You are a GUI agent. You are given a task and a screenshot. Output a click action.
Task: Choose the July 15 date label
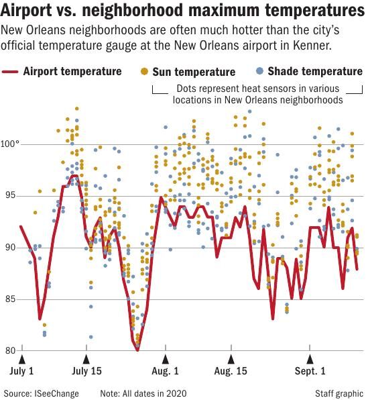(87, 370)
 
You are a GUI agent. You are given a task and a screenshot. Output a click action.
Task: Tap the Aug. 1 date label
(165, 370)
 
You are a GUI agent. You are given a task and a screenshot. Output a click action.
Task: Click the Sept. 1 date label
(309, 370)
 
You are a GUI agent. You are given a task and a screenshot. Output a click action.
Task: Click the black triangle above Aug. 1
(165, 359)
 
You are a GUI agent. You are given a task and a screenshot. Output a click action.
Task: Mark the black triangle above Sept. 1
(309, 359)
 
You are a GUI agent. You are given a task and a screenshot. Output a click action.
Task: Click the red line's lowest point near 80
(137, 350)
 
